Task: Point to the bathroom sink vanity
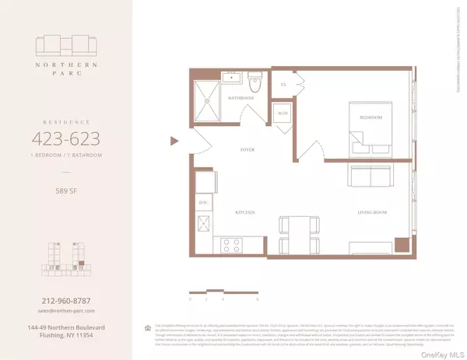point(232,79)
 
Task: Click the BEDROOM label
point(370,117)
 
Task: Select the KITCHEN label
point(247,211)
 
